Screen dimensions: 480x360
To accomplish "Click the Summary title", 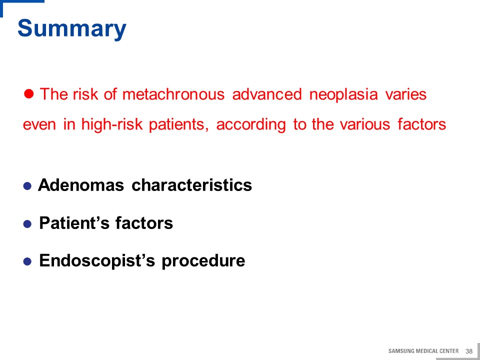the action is tap(72, 29).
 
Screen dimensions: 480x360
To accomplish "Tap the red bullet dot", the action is tap(28, 93).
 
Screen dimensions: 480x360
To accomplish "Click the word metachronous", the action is tap(173, 94).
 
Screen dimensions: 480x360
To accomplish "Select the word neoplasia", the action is tap(343, 94).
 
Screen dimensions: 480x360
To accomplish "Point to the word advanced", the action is tap(267, 94).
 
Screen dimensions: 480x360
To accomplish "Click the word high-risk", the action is tap(111, 124).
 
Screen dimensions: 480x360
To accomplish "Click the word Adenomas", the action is tap(81, 185).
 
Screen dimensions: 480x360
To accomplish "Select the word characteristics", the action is tap(191, 185).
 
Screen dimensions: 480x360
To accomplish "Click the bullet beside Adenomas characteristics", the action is tap(27, 186).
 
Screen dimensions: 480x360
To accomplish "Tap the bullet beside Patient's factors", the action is tap(27, 224).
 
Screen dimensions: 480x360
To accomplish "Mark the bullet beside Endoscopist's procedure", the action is tap(27, 262).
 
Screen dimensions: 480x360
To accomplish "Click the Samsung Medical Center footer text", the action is tap(423, 351).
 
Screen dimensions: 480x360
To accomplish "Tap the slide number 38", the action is tap(469, 351).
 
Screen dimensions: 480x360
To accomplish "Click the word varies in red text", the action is tap(406, 94).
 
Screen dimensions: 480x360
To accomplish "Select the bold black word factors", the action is tap(144, 223).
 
